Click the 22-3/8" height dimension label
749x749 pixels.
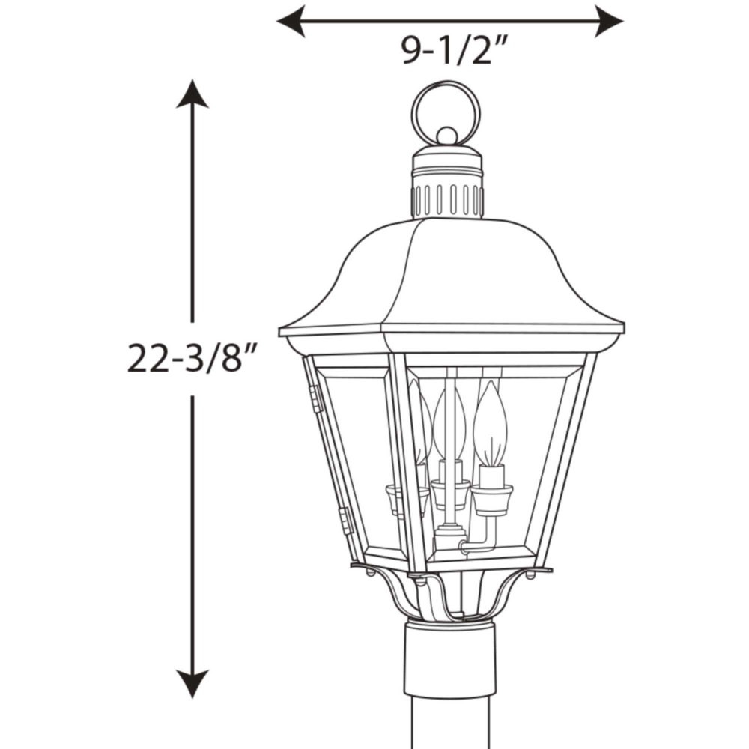[192, 358]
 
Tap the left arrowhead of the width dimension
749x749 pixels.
[291, 22]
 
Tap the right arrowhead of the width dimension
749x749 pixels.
[609, 22]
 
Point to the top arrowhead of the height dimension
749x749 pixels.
[192, 94]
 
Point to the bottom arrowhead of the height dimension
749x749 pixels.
[192, 684]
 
